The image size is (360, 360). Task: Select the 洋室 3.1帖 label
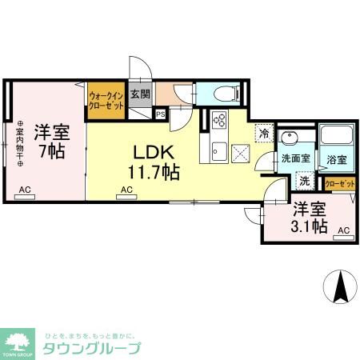click(308, 218)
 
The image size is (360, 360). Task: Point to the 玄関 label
click(140, 93)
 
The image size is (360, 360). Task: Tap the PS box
click(161, 114)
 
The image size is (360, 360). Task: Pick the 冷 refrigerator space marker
click(262, 133)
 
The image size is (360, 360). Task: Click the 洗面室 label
click(295, 158)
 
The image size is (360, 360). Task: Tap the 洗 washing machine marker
click(304, 181)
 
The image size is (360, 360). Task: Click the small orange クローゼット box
click(340, 184)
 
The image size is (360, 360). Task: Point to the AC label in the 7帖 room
click(25, 190)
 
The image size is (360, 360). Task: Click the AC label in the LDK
click(126, 190)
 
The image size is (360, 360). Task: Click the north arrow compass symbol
click(340, 286)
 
